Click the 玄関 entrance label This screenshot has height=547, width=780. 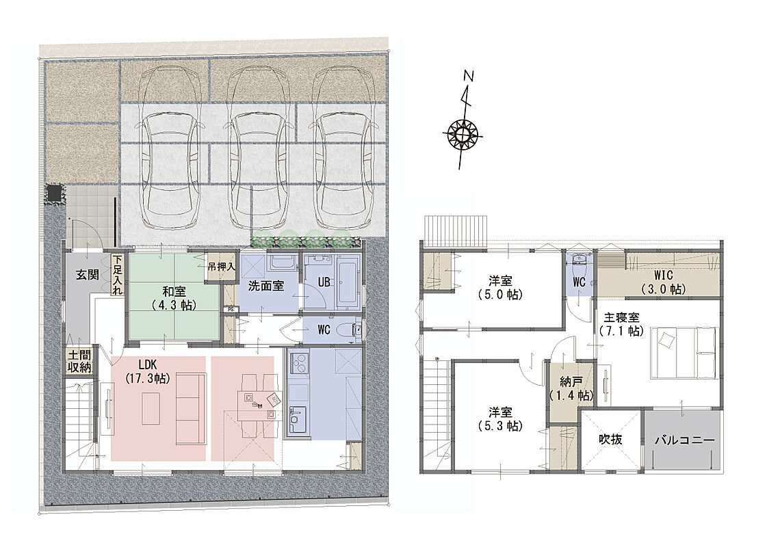87,274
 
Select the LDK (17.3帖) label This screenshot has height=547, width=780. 147,371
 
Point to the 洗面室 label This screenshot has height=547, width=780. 266,286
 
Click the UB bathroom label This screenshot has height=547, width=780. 324,282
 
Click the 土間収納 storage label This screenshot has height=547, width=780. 79,361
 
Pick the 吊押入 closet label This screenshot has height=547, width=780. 221,267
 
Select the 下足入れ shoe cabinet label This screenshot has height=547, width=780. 117,275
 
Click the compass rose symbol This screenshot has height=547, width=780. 463,134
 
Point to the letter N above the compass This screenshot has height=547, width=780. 468,76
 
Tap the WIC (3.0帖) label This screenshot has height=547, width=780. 663,282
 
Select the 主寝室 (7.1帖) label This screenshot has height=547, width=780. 622,323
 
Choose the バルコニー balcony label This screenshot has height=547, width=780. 684,440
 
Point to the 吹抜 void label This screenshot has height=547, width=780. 610,439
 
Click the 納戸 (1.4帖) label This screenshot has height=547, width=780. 571,389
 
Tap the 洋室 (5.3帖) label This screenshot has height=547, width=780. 500,418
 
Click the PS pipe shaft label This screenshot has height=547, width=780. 231,309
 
